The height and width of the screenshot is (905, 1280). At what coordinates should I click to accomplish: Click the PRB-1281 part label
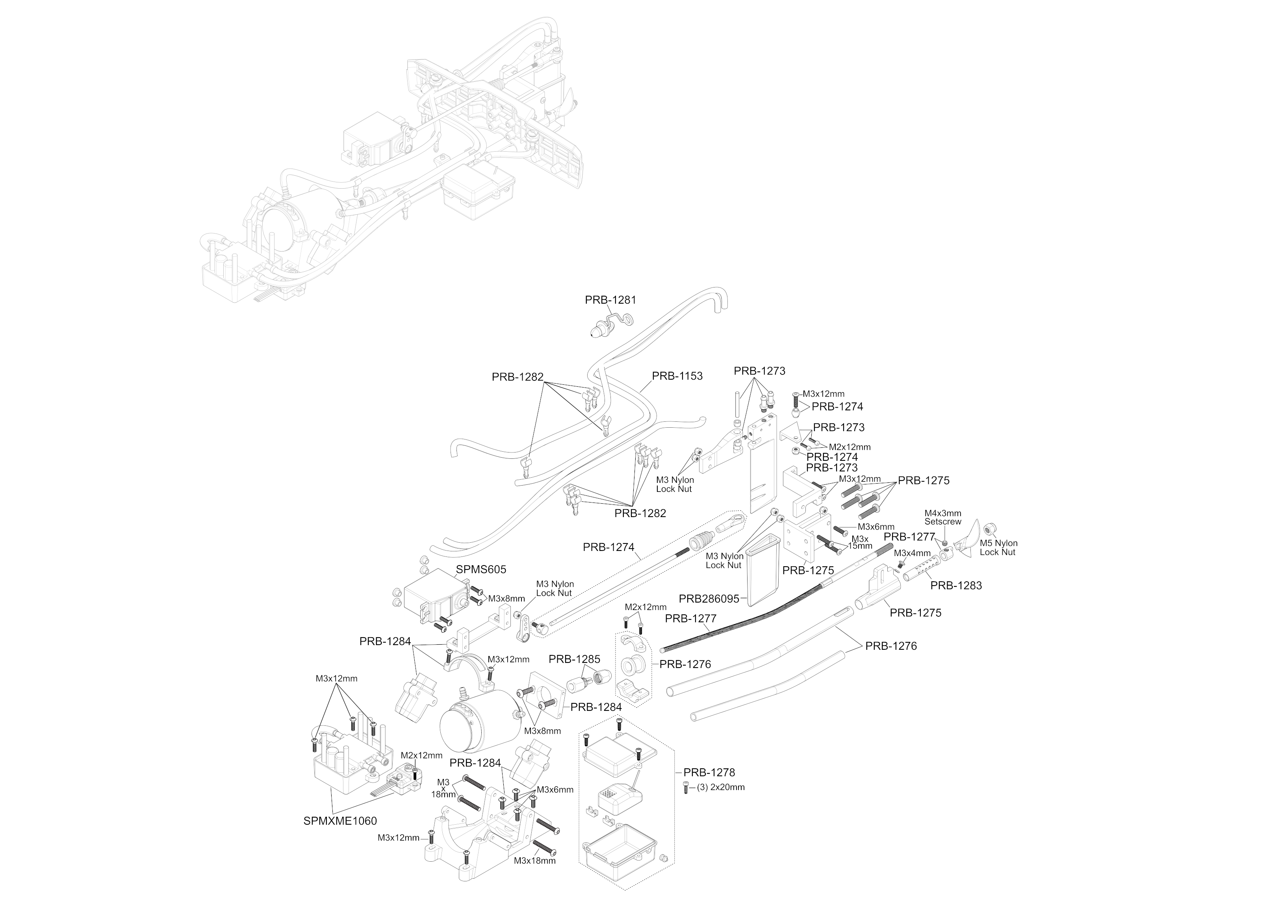coord(610,300)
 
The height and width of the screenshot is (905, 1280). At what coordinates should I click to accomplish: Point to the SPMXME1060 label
coord(340,821)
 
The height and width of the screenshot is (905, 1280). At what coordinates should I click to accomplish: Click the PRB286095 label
coord(709,599)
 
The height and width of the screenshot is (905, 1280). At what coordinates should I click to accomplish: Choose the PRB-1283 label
coord(956,586)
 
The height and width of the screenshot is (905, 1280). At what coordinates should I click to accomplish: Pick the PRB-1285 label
coord(574,659)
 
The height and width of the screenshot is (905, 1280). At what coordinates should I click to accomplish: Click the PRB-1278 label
coord(709,772)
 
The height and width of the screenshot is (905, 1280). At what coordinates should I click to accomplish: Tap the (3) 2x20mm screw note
coord(720,787)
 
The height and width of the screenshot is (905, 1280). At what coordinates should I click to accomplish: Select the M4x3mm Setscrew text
coord(943,517)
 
